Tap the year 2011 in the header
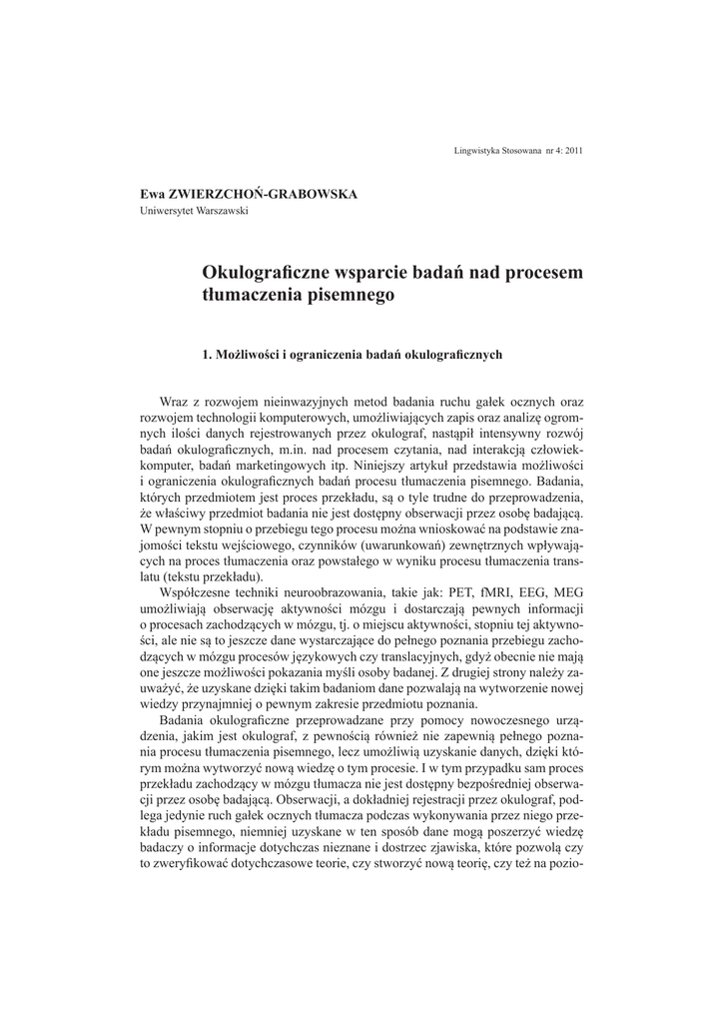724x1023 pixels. click(574, 150)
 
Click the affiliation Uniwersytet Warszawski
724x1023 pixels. click(193, 210)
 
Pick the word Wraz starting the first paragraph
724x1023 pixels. click(177, 403)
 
